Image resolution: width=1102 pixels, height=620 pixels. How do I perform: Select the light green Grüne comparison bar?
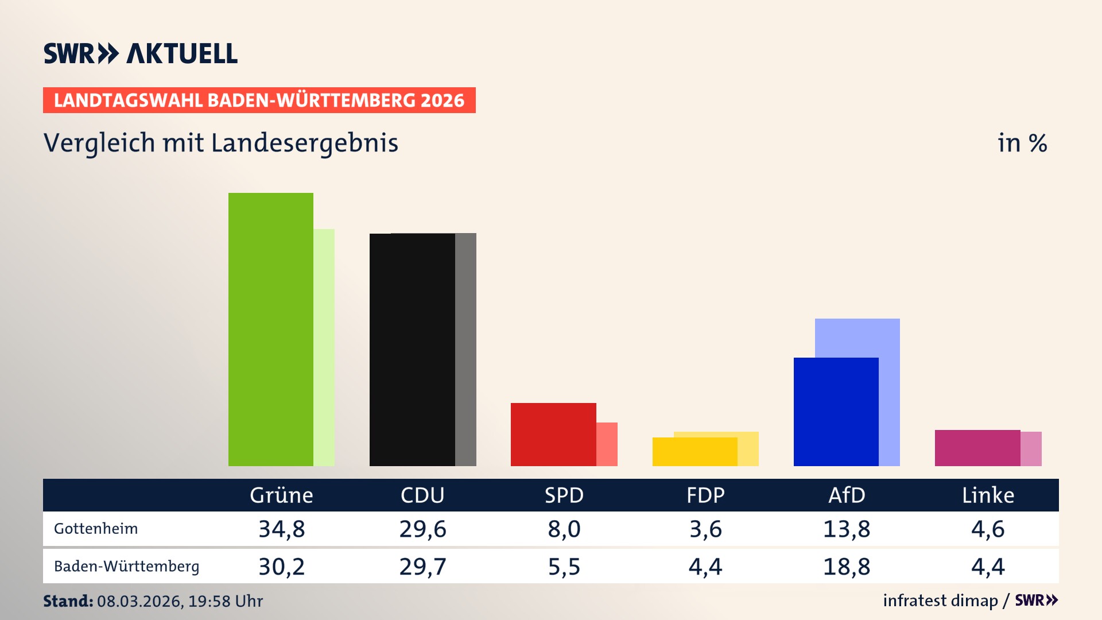[324, 347]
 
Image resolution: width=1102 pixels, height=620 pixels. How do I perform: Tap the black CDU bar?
[412, 350]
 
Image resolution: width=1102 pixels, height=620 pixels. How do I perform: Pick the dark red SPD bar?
[553, 434]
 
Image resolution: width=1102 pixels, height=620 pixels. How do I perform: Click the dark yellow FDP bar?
[694, 452]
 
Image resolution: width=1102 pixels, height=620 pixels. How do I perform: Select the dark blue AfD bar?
[836, 412]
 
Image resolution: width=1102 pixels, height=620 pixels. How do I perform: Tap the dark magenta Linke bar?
[977, 448]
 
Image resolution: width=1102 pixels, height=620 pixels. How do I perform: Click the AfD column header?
[846, 495]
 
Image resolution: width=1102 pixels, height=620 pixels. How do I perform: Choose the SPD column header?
[564, 495]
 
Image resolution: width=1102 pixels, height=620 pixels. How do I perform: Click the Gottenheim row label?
[96, 529]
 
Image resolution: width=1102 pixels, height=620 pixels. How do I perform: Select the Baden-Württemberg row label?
[126, 567]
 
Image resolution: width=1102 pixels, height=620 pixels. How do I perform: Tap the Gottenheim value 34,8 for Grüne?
[281, 529]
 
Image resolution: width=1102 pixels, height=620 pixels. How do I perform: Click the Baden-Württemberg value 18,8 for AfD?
[846, 567]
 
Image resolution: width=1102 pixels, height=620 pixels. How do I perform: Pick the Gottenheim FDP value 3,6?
[705, 529]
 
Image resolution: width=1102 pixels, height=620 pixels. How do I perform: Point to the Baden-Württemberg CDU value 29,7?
[422, 567]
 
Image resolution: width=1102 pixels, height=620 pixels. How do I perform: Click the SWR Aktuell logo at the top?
[141, 53]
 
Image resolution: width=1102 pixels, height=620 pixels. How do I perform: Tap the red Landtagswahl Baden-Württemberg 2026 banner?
[259, 100]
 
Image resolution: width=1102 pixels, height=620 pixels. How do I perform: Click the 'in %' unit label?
[1022, 143]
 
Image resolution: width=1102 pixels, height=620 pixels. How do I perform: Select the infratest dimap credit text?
[940, 600]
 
